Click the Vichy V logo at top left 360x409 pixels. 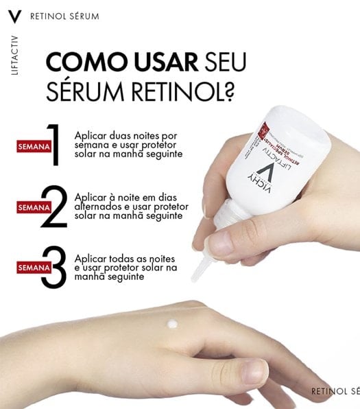18,14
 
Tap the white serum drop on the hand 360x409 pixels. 172,325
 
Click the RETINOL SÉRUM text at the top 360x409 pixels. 64,15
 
